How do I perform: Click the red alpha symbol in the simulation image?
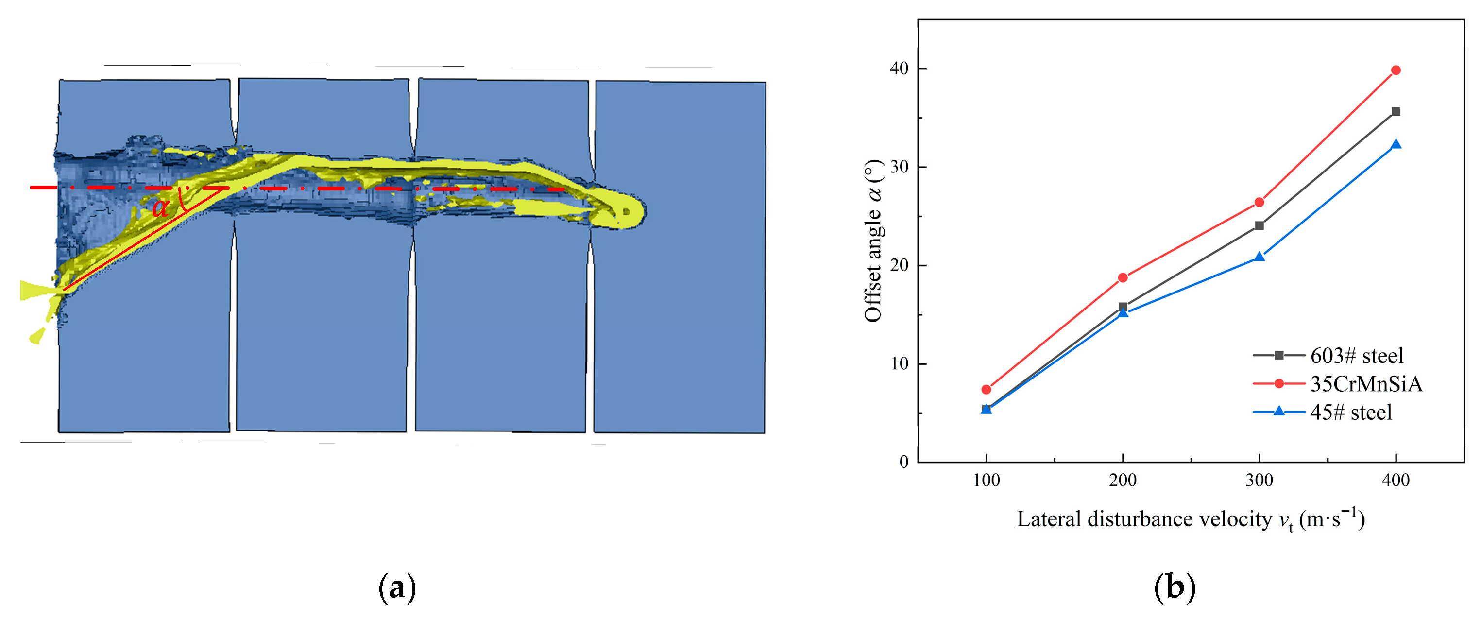pyautogui.click(x=160, y=207)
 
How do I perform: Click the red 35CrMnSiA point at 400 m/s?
pyautogui.click(x=1396, y=70)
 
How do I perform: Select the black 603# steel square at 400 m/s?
pyautogui.click(x=1396, y=112)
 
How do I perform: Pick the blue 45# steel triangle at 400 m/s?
pyautogui.click(x=1396, y=144)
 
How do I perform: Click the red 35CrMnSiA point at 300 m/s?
pyautogui.click(x=1259, y=202)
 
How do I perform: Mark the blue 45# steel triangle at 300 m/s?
pyautogui.click(x=1259, y=257)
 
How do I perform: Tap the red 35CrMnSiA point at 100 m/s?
pyautogui.click(x=987, y=389)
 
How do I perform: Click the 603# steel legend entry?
pyautogui.click(x=1328, y=356)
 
